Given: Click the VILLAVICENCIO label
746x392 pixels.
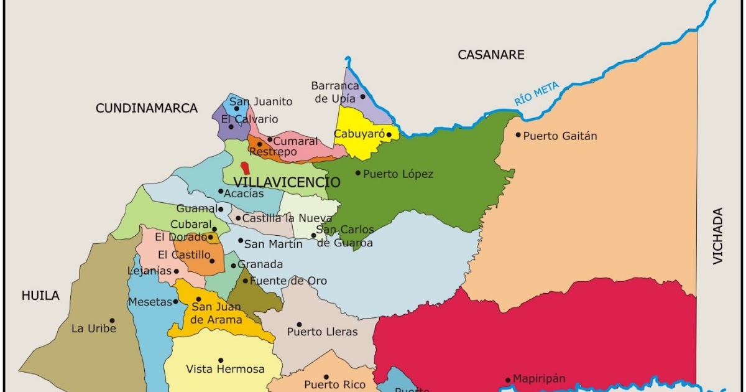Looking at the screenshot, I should coord(287,182).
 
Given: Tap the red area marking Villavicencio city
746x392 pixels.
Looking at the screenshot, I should coord(246,167).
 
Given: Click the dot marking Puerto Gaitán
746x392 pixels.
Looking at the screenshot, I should coord(518,134).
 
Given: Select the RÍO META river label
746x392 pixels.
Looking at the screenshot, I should coord(536,94).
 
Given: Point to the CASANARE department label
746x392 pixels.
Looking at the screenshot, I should coord(491,55).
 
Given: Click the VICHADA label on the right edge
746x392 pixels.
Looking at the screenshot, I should coord(719,236).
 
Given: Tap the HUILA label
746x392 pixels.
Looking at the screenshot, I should coord(40,296).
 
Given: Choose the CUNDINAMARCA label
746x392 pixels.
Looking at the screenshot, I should coord(147,108).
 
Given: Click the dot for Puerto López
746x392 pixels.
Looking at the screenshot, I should coord(358,173).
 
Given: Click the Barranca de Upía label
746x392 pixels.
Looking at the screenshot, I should coord(335,92).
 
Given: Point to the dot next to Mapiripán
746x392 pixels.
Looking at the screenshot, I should coord(508,380).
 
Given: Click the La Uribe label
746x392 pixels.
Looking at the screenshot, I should coord(94,329).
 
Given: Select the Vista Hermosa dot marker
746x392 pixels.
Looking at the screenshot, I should coord(221,360).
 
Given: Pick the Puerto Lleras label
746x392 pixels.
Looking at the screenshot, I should coord(322,332).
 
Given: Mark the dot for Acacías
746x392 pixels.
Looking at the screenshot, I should coord(220,192).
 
